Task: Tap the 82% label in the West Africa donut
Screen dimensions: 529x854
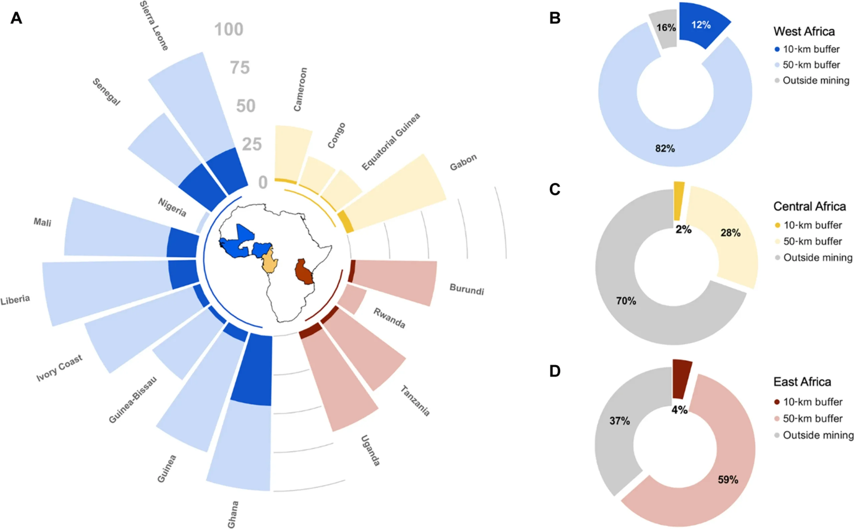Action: (665, 148)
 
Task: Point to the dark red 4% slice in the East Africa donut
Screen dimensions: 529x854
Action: (682, 379)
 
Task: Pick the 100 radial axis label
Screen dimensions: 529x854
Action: (229, 29)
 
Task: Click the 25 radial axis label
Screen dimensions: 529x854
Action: (252, 145)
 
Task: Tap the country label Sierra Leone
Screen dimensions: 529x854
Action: (154, 26)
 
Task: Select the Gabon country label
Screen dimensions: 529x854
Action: (463, 162)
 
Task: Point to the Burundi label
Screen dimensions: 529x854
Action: (466, 289)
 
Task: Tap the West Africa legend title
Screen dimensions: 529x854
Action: (804, 31)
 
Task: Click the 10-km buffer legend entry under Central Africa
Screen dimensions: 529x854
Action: (812, 225)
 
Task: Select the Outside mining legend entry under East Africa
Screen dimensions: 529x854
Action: (818, 435)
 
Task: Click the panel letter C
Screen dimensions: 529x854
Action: (555, 190)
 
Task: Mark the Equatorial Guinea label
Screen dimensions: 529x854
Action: (390, 142)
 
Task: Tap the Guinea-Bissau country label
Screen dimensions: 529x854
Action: (132, 400)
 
